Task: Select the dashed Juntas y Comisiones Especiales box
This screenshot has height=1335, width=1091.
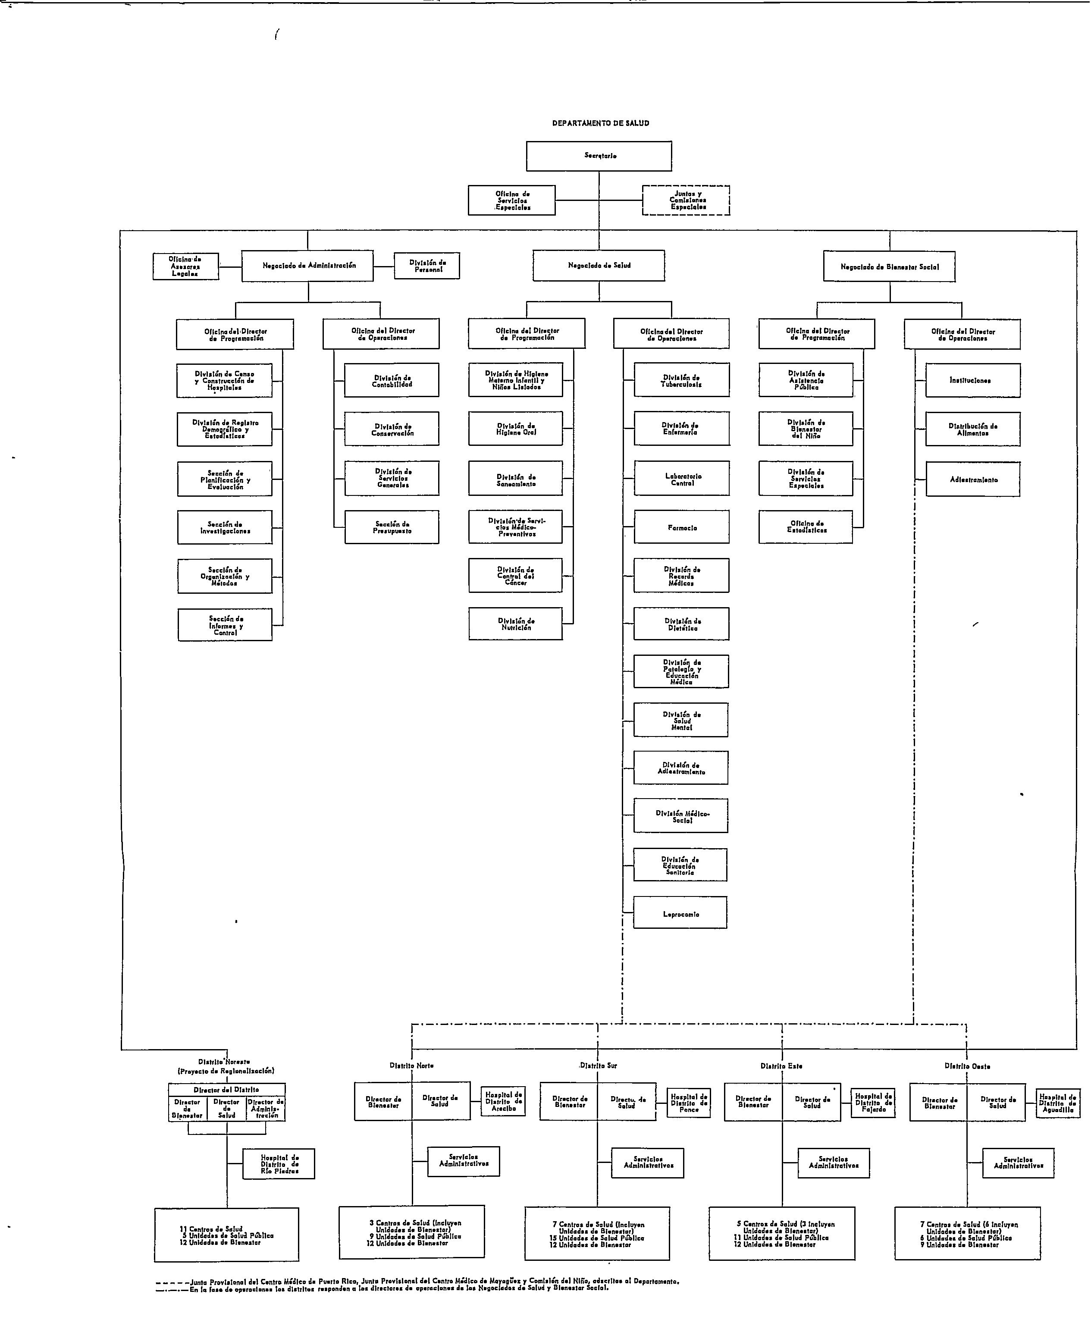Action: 686,201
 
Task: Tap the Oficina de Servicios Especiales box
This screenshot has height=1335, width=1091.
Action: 511,201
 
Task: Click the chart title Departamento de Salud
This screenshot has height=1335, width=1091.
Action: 600,123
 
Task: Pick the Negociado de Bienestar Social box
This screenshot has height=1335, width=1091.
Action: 889,266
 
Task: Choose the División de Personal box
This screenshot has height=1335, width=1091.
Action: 427,266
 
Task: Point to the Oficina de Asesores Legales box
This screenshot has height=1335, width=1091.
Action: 185,266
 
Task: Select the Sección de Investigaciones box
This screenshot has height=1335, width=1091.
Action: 225,527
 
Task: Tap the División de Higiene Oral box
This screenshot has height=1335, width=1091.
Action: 515,429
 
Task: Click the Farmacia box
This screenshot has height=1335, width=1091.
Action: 682,527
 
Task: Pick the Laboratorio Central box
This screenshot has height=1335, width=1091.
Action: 682,479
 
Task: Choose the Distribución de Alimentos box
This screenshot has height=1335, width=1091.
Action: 972,429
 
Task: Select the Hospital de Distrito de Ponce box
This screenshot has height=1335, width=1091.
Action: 688,1103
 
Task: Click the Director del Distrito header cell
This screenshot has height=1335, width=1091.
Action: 226,1089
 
